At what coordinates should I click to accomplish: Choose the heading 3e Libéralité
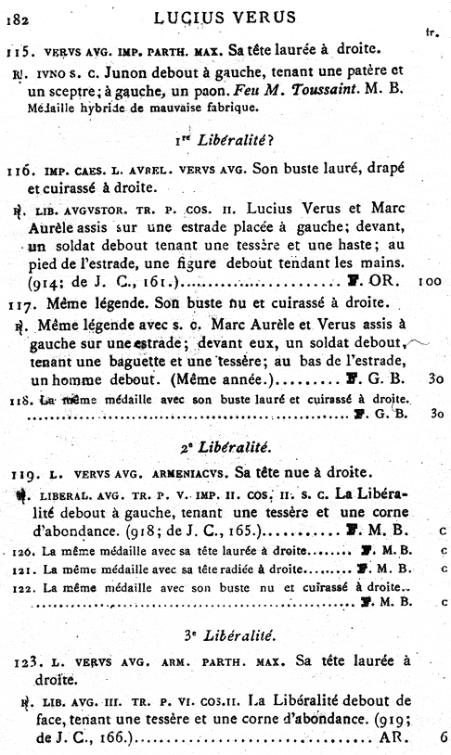(225, 633)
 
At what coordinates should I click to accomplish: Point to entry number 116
(19, 172)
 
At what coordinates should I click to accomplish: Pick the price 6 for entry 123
(445, 738)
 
